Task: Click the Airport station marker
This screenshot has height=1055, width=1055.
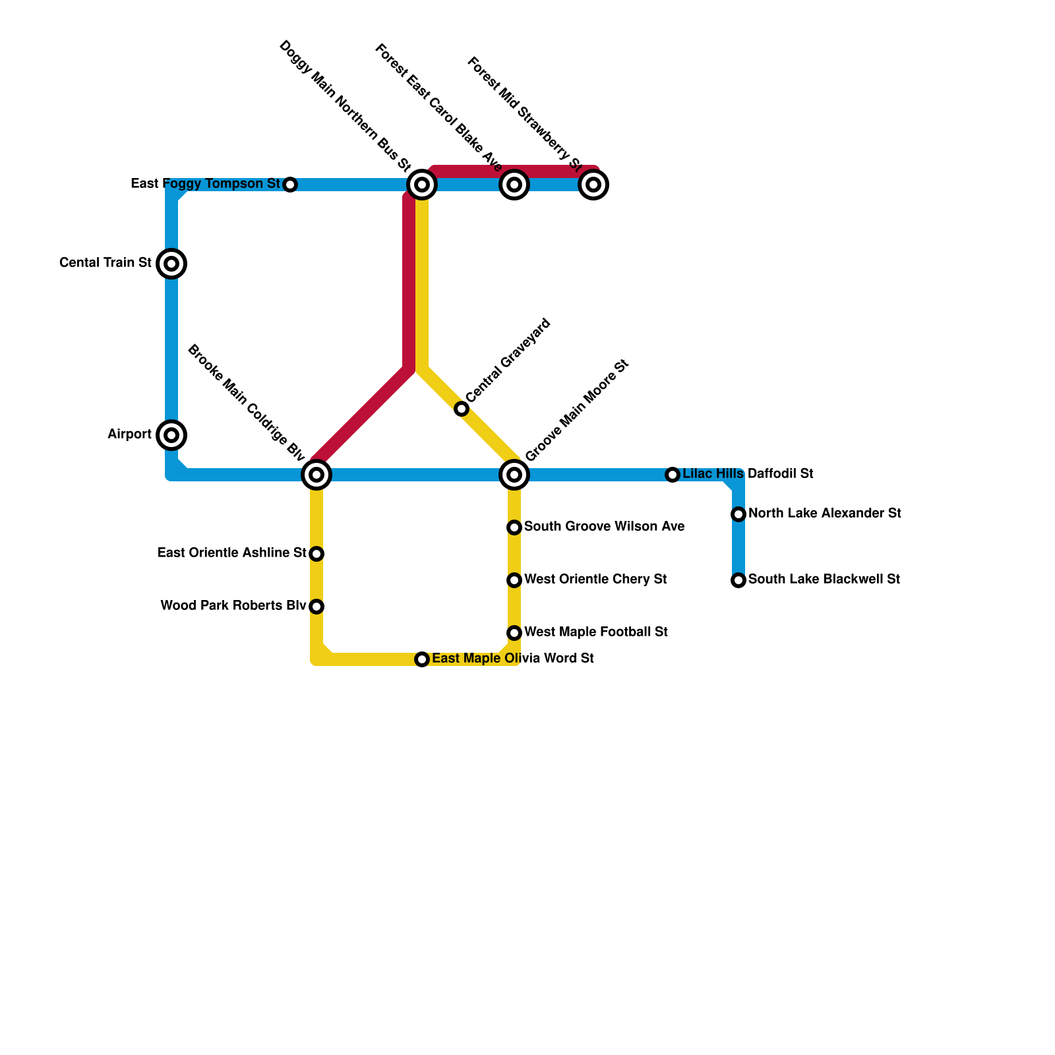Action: click(171, 435)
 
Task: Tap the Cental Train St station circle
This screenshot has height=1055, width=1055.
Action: click(171, 264)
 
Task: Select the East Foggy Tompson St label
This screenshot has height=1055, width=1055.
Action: click(206, 184)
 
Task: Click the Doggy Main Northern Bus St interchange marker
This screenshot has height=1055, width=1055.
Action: click(422, 185)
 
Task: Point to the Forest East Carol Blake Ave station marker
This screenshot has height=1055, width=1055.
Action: click(514, 185)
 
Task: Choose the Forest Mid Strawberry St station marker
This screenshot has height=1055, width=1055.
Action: click(593, 185)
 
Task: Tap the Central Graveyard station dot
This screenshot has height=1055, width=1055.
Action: click(462, 409)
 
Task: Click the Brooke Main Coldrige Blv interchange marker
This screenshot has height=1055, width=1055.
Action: click(316, 474)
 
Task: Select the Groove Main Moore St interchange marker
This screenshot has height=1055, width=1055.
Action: click(514, 474)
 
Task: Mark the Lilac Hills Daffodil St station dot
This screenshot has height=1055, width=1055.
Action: click(672, 475)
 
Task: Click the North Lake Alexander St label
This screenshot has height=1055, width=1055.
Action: click(825, 514)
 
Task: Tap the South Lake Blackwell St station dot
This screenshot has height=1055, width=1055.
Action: click(738, 580)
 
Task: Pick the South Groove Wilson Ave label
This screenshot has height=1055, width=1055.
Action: click(604, 527)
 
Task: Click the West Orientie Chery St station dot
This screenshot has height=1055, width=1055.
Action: click(514, 580)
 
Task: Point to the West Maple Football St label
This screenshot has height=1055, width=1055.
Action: click(596, 632)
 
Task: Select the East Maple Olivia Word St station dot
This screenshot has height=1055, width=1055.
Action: click(422, 659)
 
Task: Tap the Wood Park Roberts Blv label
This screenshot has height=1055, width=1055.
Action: click(233, 606)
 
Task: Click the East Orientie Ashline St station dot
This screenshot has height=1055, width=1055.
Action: click(316, 554)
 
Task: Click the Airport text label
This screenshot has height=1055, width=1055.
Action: click(130, 435)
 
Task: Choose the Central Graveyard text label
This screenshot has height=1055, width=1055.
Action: click(508, 361)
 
